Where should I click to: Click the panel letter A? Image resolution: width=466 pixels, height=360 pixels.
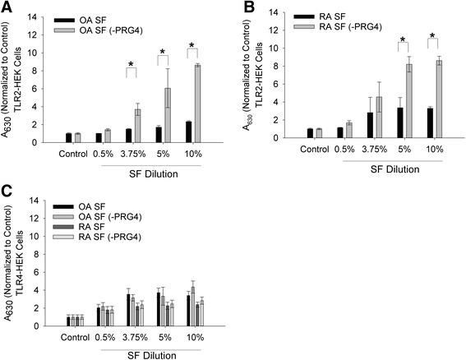pos(7,8)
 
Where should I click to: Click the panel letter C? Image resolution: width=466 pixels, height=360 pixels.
pos(7,189)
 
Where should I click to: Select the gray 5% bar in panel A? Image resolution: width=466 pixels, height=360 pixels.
pos(167,115)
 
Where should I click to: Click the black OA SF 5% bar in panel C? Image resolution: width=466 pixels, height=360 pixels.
pos(159,309)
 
